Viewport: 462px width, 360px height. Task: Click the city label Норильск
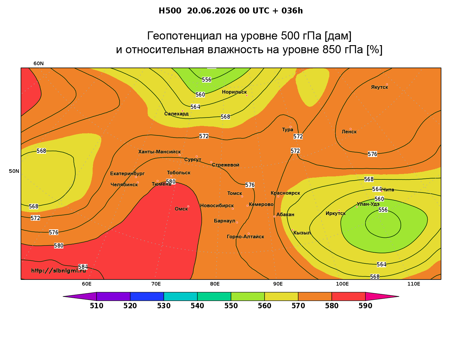234,92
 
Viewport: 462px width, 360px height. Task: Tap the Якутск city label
379,87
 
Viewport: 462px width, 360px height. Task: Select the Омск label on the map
181,209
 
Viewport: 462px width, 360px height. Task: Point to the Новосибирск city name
217,206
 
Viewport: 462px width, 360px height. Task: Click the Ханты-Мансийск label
160,152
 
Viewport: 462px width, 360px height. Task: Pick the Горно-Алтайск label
245,237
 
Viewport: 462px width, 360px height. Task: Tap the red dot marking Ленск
350,129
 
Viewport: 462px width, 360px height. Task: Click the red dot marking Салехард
182,111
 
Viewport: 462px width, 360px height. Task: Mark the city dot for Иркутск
339,210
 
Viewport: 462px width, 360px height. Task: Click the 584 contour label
83,267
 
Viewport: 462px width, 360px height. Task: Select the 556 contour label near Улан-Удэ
383,210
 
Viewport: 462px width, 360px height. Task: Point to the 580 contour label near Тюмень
171,181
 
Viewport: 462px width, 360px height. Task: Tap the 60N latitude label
39,64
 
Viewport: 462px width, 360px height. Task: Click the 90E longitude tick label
278,284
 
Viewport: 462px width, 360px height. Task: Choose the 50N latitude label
14,171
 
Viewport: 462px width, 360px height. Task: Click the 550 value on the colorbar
231,306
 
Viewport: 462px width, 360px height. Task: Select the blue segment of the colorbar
147,296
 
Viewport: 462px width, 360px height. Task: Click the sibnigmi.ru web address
59,271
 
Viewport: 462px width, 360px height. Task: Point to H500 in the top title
170,11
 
